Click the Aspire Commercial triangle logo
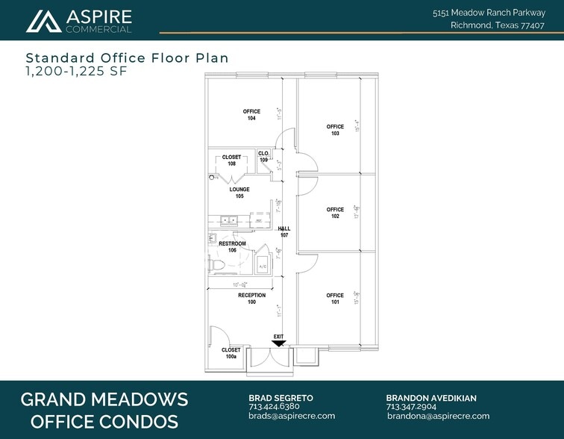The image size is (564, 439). (x=43, y=22)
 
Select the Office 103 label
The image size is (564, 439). (x=335, y=130)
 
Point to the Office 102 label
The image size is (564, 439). (x=335, y=213)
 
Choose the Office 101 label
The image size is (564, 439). (x=335, y=299)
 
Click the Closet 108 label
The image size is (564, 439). (x=232, y=160)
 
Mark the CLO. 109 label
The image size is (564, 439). (x=263, y=157)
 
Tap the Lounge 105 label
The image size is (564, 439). (x=239, y=193)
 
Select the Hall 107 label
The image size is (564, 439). (x=283, y=232)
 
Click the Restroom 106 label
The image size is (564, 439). (x=232, y=247)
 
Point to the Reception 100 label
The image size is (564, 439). (x=251, y=299)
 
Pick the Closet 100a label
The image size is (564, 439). (x=231, y=353)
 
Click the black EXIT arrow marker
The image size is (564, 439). (x=278, y=343)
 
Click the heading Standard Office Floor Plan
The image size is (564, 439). (x=127, y=57)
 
